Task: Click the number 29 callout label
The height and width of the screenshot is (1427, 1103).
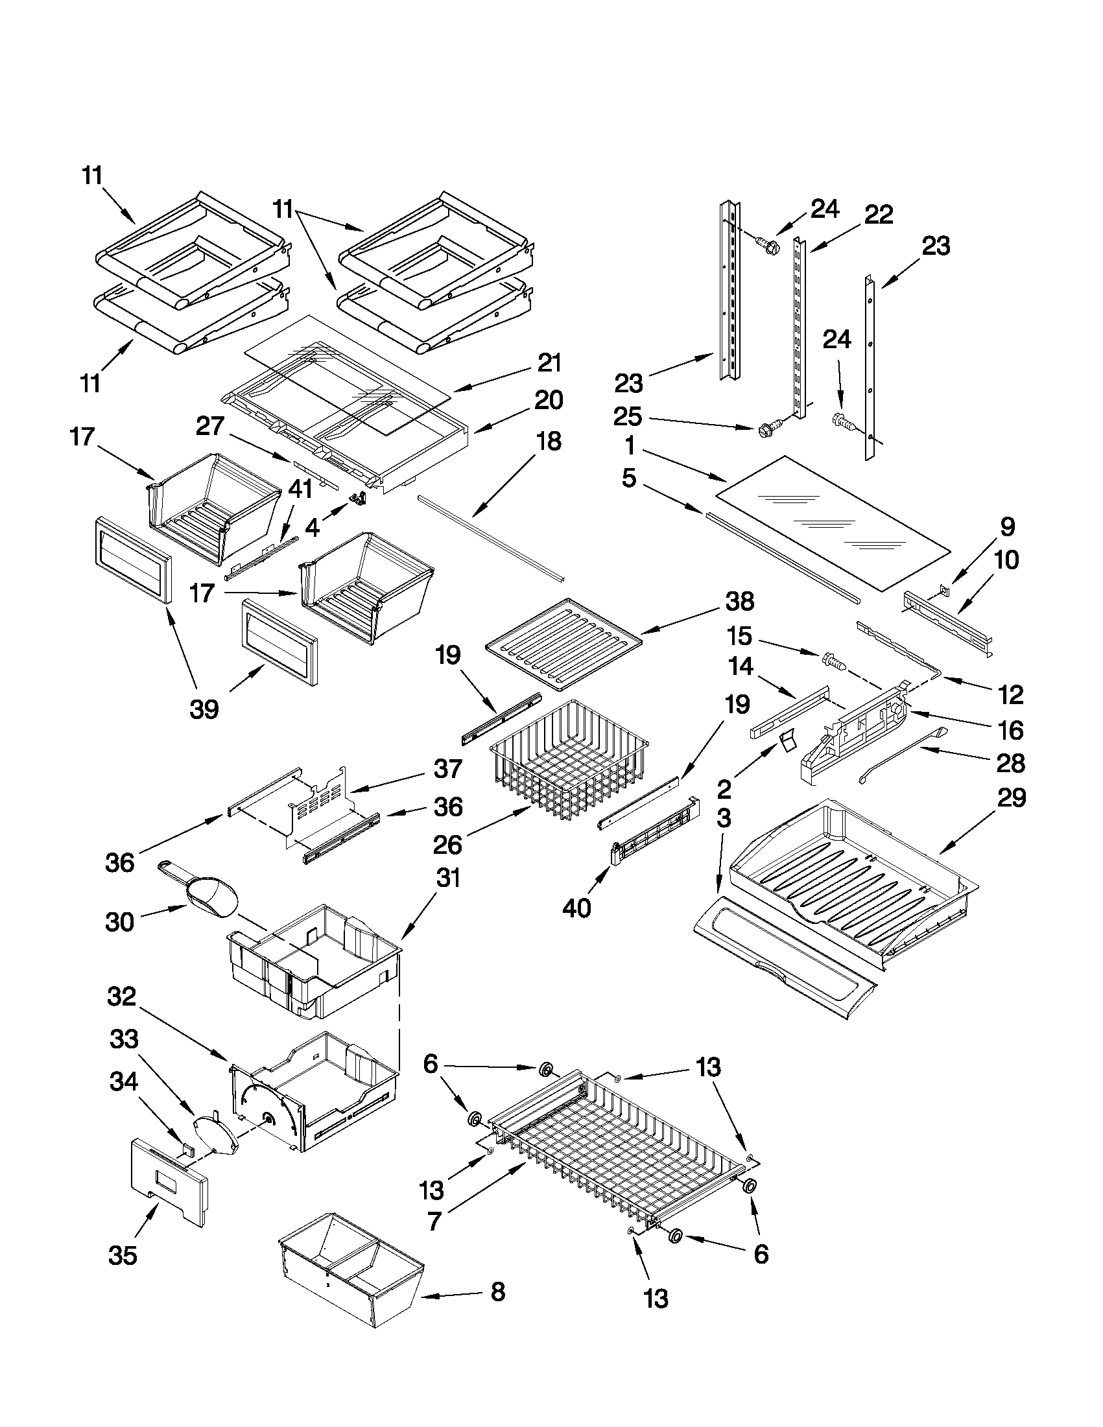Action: pyautogui.click(x=1011, y=798)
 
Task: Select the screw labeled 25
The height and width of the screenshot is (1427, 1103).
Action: pyautogui.click(x=766, y=430)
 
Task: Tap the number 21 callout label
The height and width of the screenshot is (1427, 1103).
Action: pyautogui.click(x=549, y=362)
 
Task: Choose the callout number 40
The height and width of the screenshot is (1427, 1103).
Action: pyautogui.click(x=576, y=908)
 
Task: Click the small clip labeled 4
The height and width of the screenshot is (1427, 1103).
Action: pyautogui.click(x=357, y=499)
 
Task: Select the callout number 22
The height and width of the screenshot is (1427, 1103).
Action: pyautogui.click(x=878, y=215)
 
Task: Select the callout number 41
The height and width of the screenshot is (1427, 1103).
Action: pyautogui.click(x=300, y=488)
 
